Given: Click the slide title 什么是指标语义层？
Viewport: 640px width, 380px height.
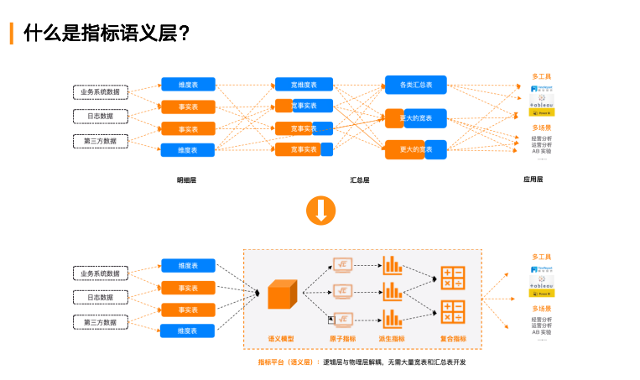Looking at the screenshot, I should point(107,34).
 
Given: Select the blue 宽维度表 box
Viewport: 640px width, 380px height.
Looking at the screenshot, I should point(304,85).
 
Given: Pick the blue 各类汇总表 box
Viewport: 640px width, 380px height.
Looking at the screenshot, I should point(415,85).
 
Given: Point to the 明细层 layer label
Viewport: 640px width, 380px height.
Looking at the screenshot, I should point(186,180).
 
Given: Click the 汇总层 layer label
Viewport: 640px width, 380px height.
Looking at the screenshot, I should point(360,180).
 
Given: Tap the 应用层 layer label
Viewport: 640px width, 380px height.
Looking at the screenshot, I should point(533,180).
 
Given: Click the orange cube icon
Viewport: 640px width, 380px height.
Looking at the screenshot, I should point(283,297).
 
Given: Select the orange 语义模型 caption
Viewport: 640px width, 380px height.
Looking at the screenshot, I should point(281,339).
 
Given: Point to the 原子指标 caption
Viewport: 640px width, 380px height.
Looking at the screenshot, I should point(342,339).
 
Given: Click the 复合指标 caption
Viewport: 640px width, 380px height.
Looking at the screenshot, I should point(453,339).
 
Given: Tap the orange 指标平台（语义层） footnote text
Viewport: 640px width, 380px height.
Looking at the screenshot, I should point(284,362).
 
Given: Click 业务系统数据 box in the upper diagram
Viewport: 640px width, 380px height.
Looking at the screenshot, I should point(100,91).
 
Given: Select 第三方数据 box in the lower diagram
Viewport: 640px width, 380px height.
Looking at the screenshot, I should point(100,322).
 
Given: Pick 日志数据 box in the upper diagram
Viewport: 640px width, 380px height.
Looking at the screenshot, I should point(100,116).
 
